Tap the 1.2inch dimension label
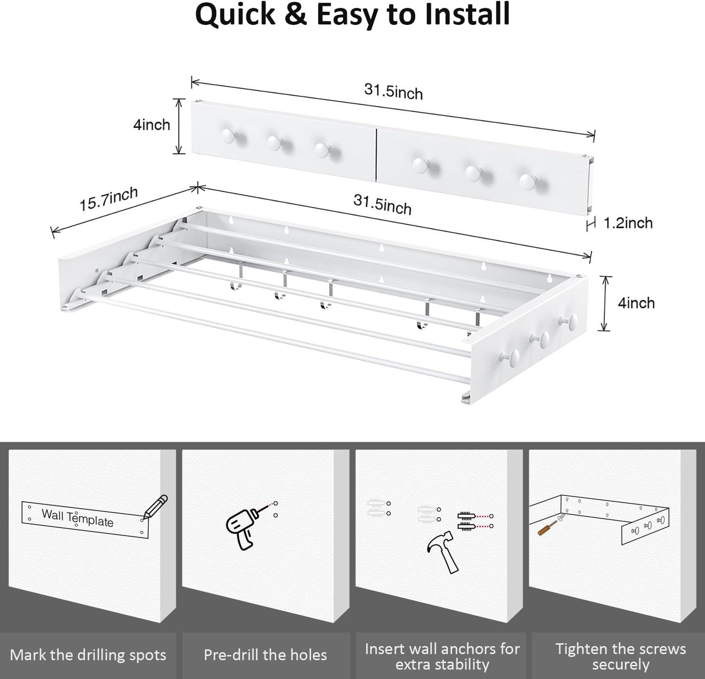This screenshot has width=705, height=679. [628, 223]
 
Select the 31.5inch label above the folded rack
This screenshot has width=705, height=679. [393, 91]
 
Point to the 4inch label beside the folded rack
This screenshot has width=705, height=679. [152, 124]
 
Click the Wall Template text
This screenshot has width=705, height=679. [77, 517]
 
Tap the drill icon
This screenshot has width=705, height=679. [242, 525]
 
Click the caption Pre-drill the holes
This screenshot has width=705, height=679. [265, 655]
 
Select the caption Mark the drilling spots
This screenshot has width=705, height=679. [88, 655]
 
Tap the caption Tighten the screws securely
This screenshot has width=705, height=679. [620, 656]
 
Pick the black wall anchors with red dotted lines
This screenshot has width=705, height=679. [466, 520]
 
